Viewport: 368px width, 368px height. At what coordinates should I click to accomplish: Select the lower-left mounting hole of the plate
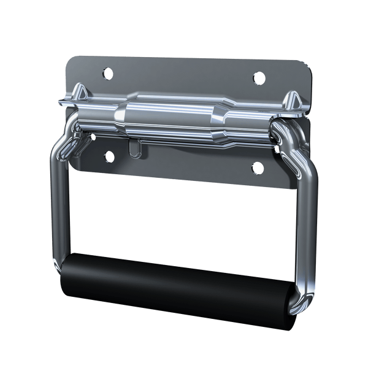(x=109, y=156)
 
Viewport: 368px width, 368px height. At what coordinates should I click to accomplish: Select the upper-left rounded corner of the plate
(x=70, y=60)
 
